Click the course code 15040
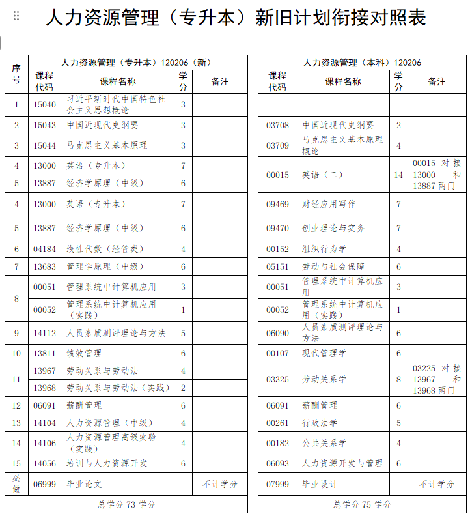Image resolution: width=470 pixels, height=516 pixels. tap(45, 104)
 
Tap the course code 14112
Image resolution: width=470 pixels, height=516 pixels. tap(45, 333)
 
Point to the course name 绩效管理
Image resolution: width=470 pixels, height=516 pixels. tap(85, 353)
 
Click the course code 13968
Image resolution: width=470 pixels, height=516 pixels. tap(45, 388)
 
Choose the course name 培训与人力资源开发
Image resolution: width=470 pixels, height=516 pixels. tap(107, 463)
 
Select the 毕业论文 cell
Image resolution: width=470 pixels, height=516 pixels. tap(85, 484)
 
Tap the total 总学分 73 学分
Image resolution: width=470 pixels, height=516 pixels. tap(126, 504)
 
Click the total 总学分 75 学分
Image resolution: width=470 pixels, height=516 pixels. tap(362, 504)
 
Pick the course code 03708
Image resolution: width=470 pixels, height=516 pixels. tap(277, 125)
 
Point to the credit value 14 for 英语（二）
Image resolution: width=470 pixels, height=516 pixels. tap(398, 175)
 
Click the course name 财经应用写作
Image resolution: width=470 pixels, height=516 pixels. tap(329, 204)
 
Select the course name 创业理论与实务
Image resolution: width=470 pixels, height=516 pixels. tap(333, 228)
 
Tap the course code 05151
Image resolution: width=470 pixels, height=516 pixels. tap(277, 266)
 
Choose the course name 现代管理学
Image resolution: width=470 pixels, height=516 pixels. tap(324, 353)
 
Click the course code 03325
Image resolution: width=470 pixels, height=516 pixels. tap(277, 379)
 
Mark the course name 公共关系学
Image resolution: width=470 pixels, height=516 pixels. tap(324, 443)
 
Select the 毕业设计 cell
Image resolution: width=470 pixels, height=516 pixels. tap(320, 484)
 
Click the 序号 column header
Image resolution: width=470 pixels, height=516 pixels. tap(16, 74)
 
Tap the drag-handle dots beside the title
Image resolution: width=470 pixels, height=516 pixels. tap(16, 16)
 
